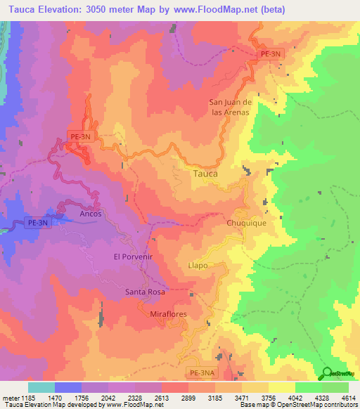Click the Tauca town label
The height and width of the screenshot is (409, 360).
(x=205, y=173)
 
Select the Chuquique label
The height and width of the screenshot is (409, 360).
(x=245, y=223)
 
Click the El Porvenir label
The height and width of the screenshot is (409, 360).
(x=133, y=257)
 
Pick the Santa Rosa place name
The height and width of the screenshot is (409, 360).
(x=145, y=292)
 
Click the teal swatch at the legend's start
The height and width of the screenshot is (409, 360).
(x=41, y=387)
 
